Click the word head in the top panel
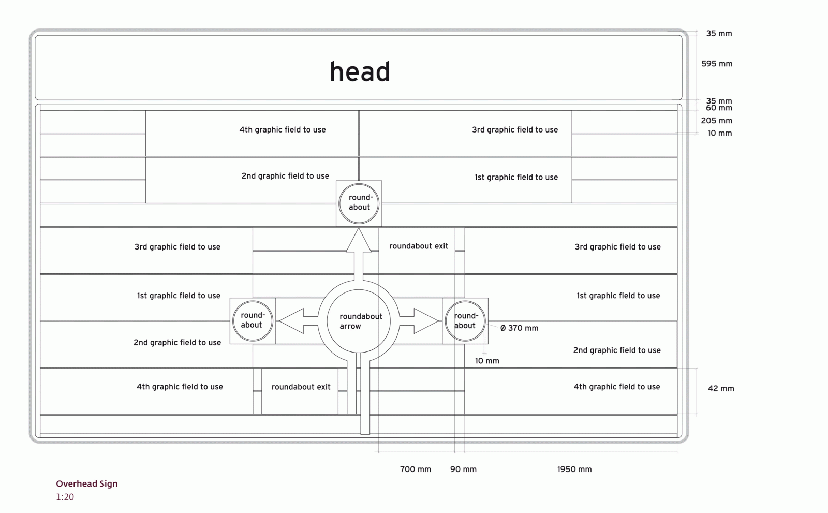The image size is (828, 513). click(x=360, y=72)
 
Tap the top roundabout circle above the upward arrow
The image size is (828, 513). click(x=359, y=203)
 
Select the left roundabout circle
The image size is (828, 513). click(x=253, y=320)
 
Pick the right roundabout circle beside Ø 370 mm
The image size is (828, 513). click(x=465, y=321)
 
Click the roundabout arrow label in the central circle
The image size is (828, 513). click(x=360, y=321)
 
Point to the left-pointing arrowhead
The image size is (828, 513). click(x=291, y=321)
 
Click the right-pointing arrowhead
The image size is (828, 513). click(x=425, y=321)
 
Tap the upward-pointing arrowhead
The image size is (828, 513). click(x=359, y=241)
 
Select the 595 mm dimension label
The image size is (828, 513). click(x=717, y=64)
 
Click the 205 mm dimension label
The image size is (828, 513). click(x=717, y=121)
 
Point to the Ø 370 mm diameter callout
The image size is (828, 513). click(x=519, y=328)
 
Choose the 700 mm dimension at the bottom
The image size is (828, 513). click(x=416, y=470)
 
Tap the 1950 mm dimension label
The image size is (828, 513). click(x=574, y=470)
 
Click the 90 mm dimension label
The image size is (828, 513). click(x=463, y=470)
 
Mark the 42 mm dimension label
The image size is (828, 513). click(x=721, y=389)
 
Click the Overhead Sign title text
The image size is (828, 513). click(x=87, y=484)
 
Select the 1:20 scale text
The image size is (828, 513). click(x=65, y=497)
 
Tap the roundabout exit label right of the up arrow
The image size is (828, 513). click(x=419, y=246)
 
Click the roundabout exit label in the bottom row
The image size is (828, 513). click(x=301, y=387)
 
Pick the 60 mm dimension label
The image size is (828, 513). click(x=719, y=108)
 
